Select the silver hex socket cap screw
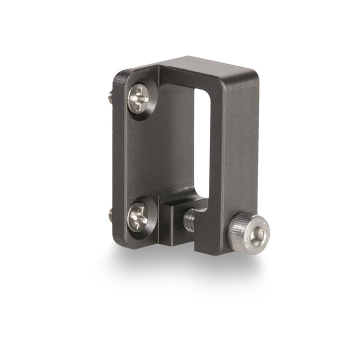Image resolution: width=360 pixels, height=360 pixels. [x=249, y=233]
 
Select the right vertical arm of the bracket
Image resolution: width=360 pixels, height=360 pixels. [x=240, y=150]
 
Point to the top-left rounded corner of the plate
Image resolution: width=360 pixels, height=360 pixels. [x=120, y=75]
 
